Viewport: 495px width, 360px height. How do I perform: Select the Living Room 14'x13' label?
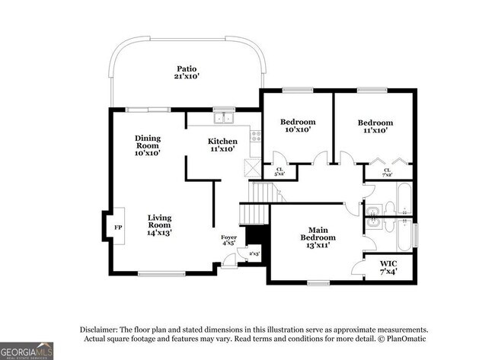(x=159, y=225)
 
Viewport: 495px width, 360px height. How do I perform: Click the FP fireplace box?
(x=117, y=227)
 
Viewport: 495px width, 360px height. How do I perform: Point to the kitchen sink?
(x=223, y=118)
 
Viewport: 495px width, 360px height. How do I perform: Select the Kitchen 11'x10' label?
(x=223, y=145)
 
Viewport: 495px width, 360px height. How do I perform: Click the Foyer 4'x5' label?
(x=228, y=241)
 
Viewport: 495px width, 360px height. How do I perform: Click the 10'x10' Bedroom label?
(x=297, y=126)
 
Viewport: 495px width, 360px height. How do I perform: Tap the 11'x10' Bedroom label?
(x=375, y=126)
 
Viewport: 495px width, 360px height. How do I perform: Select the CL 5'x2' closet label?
(x=279, y=172)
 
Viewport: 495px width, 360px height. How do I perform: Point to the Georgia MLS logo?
(x=27, y=351)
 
